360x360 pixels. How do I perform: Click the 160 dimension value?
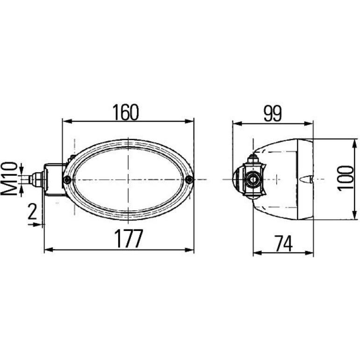click(126, 112)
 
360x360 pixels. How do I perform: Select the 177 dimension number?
click(129, 238)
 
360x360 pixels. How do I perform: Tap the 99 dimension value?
click(273, 114)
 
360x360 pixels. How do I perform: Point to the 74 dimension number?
click(284, 244)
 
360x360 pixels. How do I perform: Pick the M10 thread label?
click(9, 179)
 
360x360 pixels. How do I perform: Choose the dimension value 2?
click(32, 211)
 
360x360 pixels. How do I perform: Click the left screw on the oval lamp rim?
click(67, 180)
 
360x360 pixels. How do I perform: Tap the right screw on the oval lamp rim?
click(189, 180)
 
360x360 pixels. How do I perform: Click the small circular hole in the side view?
click(253, 180)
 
